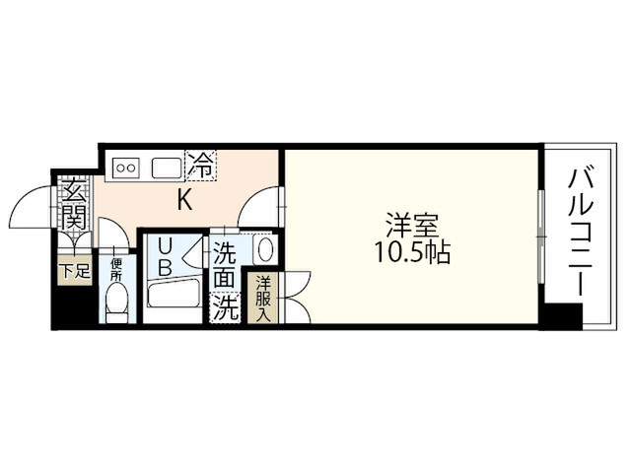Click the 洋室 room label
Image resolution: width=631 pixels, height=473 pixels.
(412, 226)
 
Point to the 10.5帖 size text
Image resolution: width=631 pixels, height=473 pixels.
(412, 252)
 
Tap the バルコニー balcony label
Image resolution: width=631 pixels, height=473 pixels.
(581, 233)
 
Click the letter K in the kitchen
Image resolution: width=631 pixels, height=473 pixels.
(185, 200)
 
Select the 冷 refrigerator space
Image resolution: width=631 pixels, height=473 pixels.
(200, 165)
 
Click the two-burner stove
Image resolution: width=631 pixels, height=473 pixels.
(126, 168)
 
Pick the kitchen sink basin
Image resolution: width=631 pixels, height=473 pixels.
(167, 168)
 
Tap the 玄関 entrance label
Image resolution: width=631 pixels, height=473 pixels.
(75, 208)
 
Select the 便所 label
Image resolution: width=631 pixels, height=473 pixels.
(116, 270)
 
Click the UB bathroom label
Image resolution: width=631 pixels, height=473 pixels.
(165, 257)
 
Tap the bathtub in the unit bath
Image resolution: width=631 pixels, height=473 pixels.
(174, 295)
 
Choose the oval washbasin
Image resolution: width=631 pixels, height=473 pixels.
(265, 250)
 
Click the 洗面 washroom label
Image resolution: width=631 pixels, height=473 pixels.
(224, 265)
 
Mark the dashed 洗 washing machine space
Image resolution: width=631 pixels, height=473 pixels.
(225, 307)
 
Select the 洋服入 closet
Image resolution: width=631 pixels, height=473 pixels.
(263, 298)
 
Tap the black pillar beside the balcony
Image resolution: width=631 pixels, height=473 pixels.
(562, 316)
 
